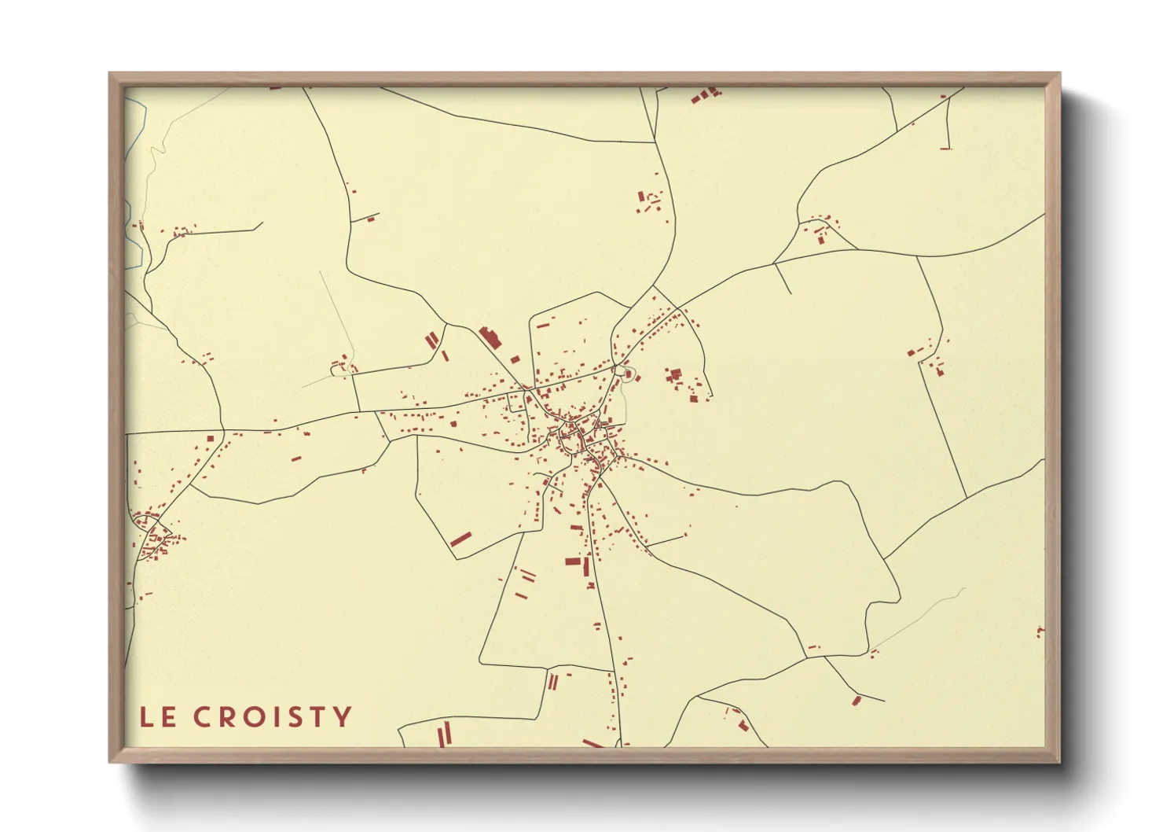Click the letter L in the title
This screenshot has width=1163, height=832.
pyautogui.click(x=146, y=717)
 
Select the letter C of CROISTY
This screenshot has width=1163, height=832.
pyautogui.click(x=202, y=717)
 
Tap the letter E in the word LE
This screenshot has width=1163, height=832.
pyautogui.click(x=168, y=717)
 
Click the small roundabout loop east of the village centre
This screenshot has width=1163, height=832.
pyautogui.click(x=626, y=372)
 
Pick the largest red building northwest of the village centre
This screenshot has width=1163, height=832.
pyautogui.click(x=490, y=338)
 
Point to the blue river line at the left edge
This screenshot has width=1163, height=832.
pyautogui.click(x=134, y=228)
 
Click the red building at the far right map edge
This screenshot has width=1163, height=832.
pyautogui.click(x=1040, y=631)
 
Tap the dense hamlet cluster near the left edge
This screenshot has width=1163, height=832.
pyautogui.click(x=153, y=536)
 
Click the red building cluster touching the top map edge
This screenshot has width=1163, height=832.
pyautogui.click(x=706, y=95)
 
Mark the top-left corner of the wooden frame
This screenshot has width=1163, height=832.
pyautogui.click(x=110, y=74)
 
